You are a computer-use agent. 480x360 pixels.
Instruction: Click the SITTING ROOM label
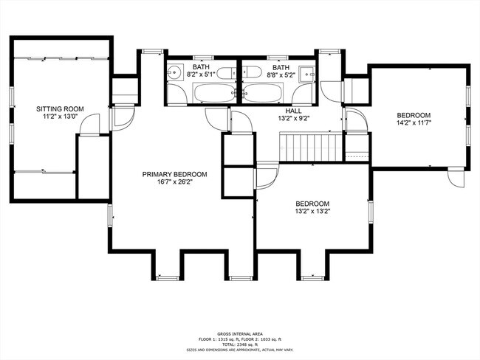click(60, 108)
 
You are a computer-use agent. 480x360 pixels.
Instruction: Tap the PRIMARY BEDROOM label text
click(174, 175)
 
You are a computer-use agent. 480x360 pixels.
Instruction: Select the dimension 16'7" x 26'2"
click(174, 184)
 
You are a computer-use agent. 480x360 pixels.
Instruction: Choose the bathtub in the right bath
click(267, 93)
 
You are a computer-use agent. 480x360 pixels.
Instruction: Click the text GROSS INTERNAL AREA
click(239, 333)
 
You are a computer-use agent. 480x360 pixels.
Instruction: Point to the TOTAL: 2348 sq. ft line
click(239, 345)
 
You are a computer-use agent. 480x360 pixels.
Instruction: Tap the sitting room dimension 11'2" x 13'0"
click(60, 117)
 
